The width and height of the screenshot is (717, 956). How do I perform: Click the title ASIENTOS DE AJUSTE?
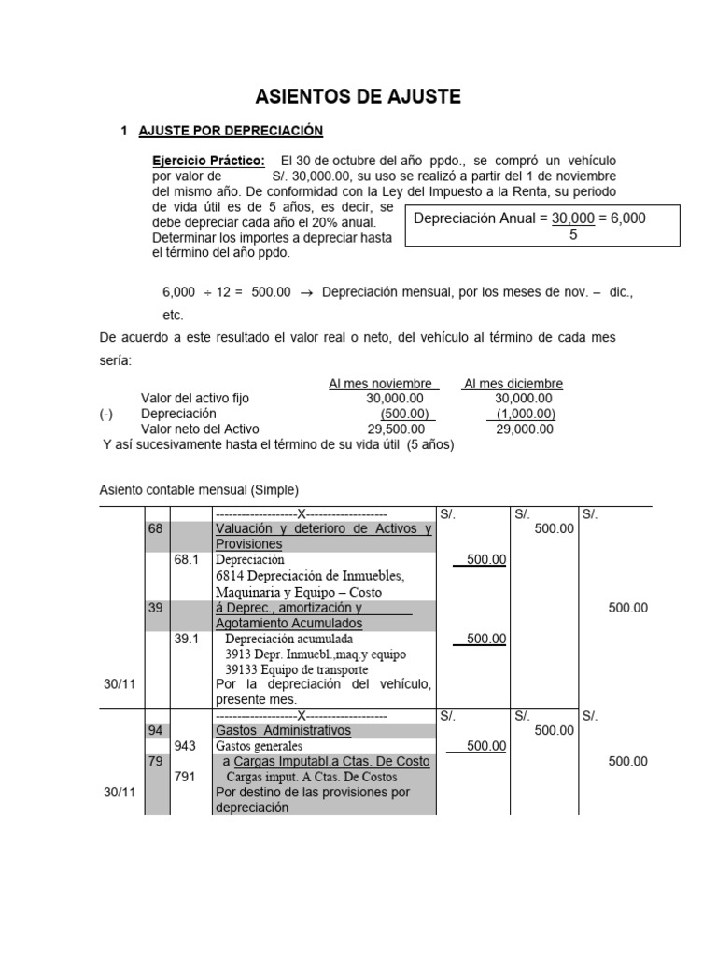click(x=358, y=96)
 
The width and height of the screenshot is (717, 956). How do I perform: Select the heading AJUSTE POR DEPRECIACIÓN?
click(x=230, y=132)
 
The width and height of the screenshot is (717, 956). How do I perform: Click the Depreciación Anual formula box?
click(x=541, y=226)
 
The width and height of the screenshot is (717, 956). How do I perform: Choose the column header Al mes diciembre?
click(x=513, y=384)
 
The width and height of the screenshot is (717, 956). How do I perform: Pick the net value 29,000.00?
click(x=525, y=429)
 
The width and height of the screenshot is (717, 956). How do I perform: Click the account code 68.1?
click(x=187, y=560)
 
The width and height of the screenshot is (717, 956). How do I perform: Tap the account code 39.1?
click(x=187, y=639)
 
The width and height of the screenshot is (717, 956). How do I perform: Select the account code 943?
click(x=185, y=746)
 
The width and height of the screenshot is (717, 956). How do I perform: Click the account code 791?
click(x=185, y=777)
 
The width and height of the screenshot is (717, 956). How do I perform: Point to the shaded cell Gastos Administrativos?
click(x=284, y=730)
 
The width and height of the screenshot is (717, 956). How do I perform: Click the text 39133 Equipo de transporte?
click(x=297, y=669)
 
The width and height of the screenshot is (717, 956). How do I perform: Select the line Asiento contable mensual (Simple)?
click(x=199, y=490)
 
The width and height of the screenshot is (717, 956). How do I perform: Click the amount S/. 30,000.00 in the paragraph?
click(x=316, y=176)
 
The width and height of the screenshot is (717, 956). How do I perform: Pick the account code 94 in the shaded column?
click(x=155, y=730)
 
